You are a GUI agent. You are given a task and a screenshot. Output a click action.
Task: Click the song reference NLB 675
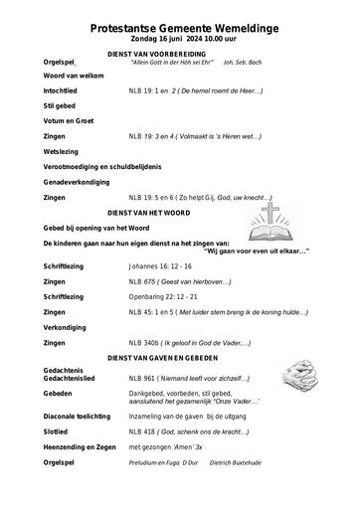(142, 281)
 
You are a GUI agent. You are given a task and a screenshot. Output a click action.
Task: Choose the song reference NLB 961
(142, 379)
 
